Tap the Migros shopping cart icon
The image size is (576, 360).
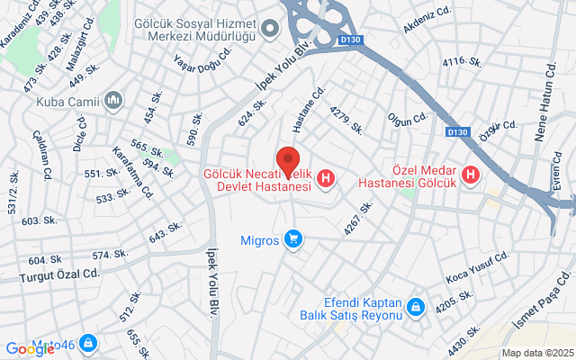click(292, 239)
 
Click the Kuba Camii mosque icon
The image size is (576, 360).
click(112, 100)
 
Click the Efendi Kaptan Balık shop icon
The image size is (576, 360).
click(415, 308)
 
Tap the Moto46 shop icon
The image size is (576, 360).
click(87, 343)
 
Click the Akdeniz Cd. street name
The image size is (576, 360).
click(426, 18)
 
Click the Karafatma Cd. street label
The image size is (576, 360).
click(132, 171)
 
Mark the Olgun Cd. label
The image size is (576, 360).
click(406, 118)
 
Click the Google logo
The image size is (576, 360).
click(30, 349)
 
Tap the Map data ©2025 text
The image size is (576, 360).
click(537, 353)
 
